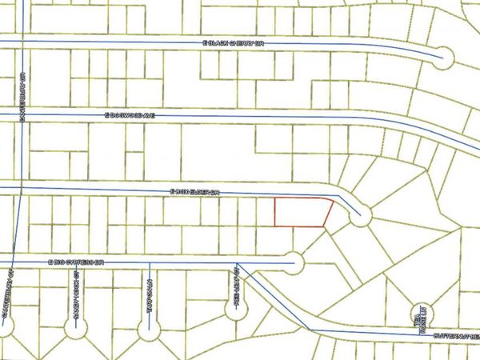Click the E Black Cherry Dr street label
233,42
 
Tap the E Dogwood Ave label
128,115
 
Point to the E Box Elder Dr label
194,192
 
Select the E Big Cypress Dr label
77,262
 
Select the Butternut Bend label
456,337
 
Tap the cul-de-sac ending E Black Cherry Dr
445,55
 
